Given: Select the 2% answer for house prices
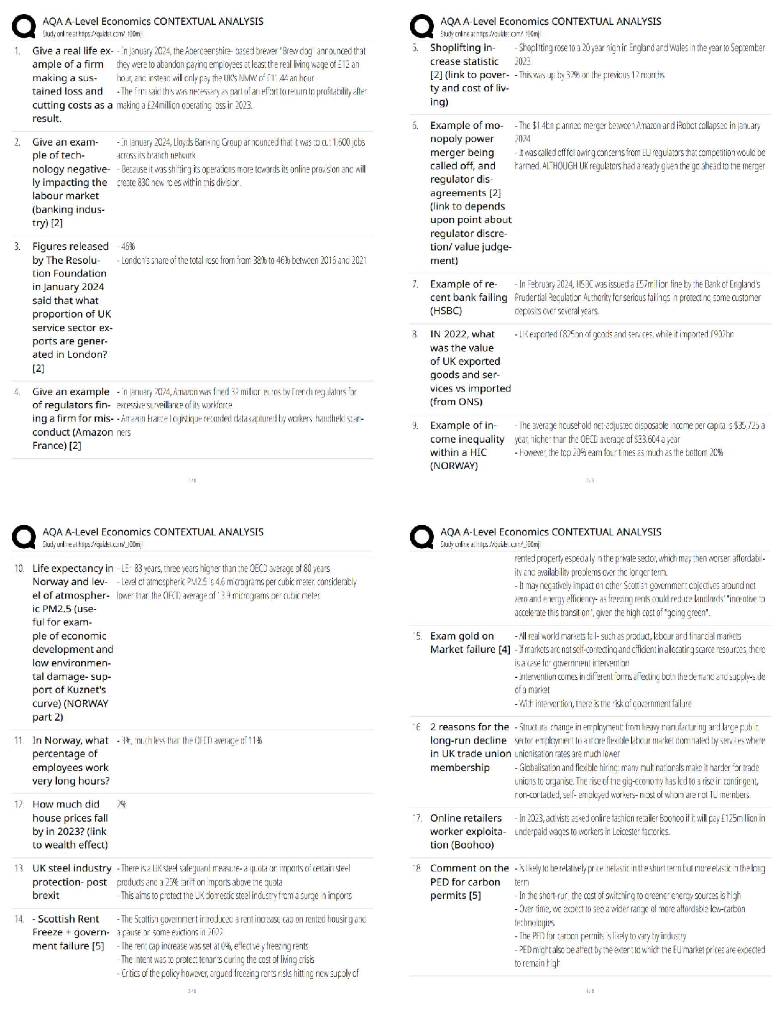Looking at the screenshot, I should pos(121,805).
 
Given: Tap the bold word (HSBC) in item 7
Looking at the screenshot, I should pos(446,311).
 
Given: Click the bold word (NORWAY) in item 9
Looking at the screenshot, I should pos(454,466).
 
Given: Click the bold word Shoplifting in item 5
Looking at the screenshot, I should pos(457,48).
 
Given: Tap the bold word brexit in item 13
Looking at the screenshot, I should pos(46,896).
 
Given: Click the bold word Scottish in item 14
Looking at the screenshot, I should pos(68,919).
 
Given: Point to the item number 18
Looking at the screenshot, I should pos(416,869).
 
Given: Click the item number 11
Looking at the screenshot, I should pos(19,741).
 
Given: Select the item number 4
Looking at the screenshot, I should pos(17,392).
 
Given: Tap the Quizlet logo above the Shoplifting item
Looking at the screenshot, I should pos(422,27).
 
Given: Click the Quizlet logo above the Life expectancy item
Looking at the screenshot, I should pos(24,538).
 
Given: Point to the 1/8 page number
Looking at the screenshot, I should pos(192,480).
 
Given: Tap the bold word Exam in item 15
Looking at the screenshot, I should pos(443,636).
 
